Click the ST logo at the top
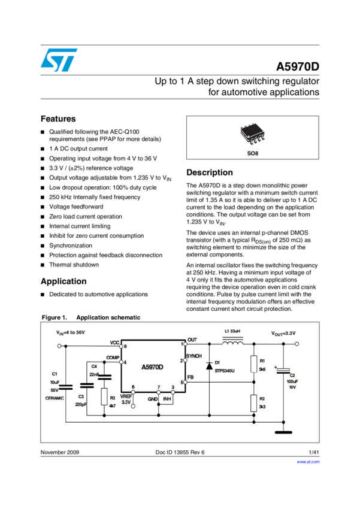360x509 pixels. click(59, 60)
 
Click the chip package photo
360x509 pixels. click(252, 133)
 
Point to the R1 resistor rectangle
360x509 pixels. click(253, 364)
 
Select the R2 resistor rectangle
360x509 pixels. click(253, 403)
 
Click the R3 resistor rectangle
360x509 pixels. click(104, 396)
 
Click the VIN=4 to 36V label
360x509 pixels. click(71, 332)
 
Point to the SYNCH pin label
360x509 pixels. click(194, 356)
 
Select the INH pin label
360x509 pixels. click(167, 398)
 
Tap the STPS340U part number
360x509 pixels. click(225, 371)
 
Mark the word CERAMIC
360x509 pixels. click(55, 397)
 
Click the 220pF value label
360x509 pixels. click(81, 404)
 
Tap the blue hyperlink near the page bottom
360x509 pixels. click(308, 462)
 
